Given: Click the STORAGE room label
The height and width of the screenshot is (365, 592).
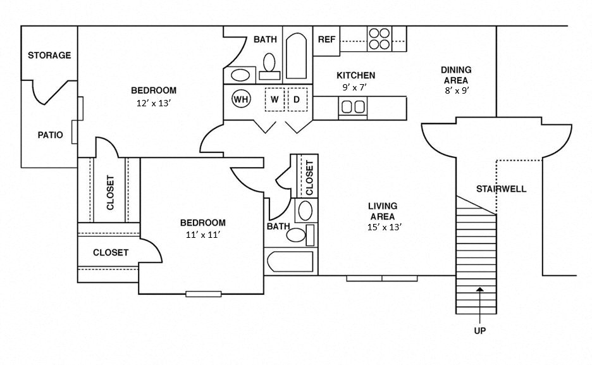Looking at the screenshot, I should pos(49,56).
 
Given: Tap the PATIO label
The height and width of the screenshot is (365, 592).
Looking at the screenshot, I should pos(50,135).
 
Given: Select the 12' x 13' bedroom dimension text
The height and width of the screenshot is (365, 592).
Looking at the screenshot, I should pos(154,102).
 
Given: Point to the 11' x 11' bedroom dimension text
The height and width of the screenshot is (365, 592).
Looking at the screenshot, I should pos(202,235).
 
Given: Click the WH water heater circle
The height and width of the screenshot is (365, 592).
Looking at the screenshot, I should pos(240,99).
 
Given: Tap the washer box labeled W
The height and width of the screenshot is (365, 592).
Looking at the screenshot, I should pos(274,99).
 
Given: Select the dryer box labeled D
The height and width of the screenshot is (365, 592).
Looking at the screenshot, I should pos(295,99).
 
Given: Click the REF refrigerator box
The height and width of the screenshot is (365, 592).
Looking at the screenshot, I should pos(326,40).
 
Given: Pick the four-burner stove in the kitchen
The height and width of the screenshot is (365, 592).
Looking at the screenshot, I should pos(379,39).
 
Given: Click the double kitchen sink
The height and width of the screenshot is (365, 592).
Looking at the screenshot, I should pos(353,107).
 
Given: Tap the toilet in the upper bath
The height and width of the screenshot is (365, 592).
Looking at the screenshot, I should pos(269,64).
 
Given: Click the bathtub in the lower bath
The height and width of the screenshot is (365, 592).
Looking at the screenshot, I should pos(290,262).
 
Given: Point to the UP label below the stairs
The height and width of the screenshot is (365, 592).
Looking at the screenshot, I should pos(479,330).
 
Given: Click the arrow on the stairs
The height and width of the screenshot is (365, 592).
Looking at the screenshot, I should pos(479,297).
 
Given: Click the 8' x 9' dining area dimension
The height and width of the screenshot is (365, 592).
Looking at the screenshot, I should pos(455,90).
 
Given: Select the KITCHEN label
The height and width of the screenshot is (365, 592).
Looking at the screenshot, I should pos(355,75).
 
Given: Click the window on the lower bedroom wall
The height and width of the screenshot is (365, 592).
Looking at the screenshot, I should pos(203,294).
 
